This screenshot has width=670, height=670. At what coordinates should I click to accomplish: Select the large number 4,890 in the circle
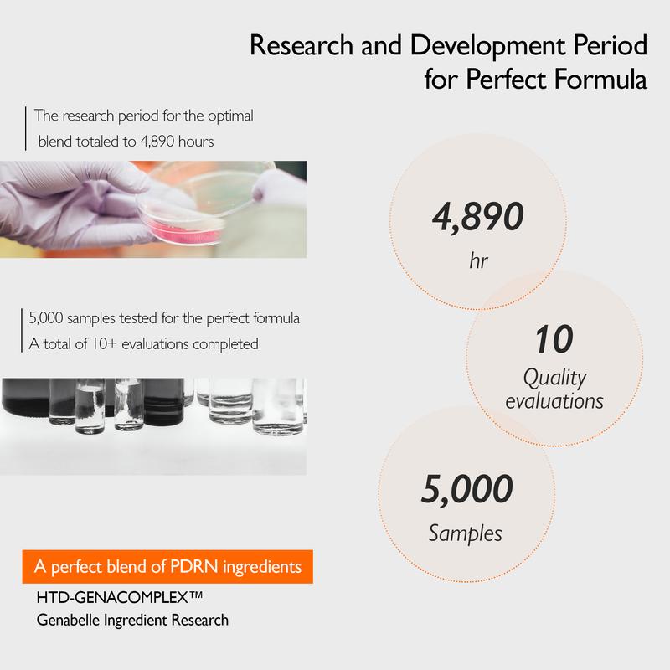(x=477, y=217)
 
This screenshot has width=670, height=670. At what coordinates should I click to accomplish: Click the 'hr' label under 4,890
(x=478, y=260)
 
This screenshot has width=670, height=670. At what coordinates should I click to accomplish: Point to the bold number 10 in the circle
(x=554, y=339)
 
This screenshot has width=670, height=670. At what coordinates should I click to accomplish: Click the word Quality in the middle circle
(x=554, y=379)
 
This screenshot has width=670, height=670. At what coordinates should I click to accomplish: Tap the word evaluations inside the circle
(x=554, y=401)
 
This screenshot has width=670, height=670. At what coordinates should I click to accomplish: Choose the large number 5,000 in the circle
(x=467, y=489)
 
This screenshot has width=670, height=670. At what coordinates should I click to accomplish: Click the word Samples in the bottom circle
(x=466, y=534)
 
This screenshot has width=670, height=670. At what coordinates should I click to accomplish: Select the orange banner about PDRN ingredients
(x=167, y=567)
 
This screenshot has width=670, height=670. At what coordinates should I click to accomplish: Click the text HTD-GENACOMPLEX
(x=113, y=597)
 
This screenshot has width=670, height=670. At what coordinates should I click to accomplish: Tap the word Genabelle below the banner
(x=69, y=620)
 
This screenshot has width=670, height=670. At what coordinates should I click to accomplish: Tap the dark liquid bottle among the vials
(x=163, y=402)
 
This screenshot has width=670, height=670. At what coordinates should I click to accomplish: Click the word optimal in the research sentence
(x=231, y=116)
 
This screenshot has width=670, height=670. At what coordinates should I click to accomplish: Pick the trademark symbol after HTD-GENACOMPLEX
(x=196, y=594)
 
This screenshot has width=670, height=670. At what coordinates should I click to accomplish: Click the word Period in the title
(x=611, y=45)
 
